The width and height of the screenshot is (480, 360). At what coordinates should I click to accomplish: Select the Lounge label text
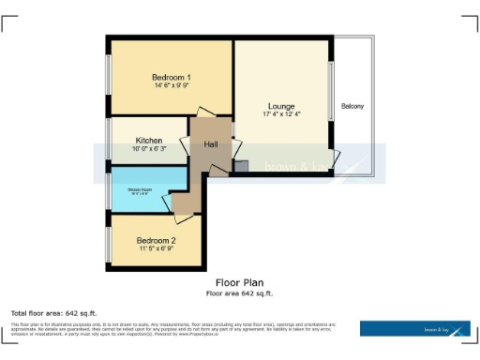[x=281, y=106]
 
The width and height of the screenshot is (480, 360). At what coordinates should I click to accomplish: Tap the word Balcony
[x=353, y=105]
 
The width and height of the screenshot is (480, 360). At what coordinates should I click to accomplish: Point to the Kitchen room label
[x=149, y=141]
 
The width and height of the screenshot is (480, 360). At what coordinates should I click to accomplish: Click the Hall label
[x=212, y=144]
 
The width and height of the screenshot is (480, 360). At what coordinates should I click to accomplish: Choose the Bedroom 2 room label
[x=155, y=240]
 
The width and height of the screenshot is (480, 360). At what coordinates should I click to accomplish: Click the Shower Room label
[x=140, y=190]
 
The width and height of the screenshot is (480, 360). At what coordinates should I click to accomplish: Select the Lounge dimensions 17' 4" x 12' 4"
[x=281, y=114]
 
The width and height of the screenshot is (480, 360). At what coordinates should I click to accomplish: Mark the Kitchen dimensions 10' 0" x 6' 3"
[x=149, y=149]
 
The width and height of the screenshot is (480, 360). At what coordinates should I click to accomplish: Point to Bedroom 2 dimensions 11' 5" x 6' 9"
[x=155, y=249]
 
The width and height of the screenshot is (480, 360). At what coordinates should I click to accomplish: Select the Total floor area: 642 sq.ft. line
[x=53, y=312]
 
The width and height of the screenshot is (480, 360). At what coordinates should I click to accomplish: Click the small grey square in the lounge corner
[x=241, y=166]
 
